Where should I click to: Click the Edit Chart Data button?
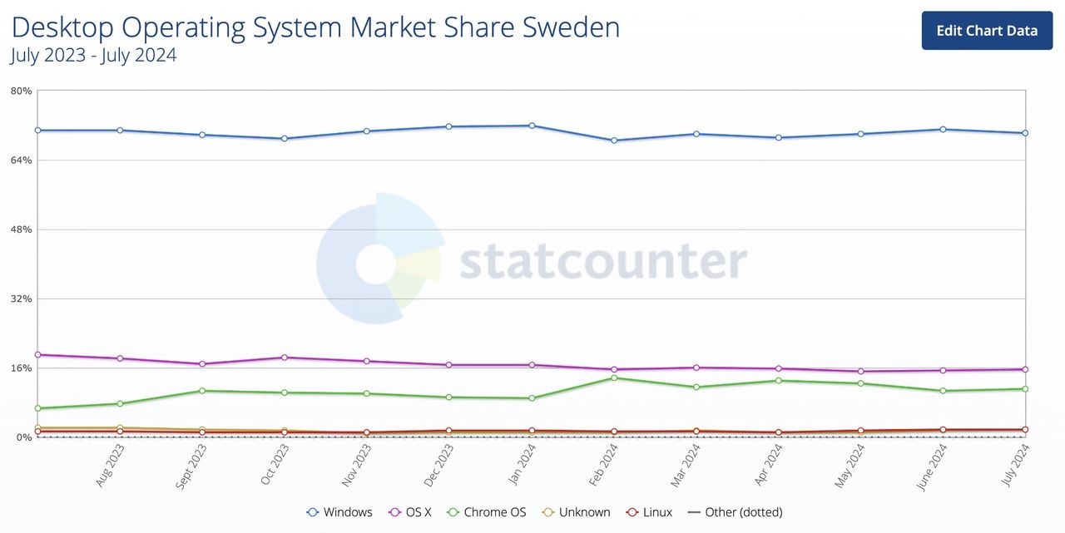coord(987,31)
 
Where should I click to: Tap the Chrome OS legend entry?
coord(487,512)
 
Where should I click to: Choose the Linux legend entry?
coord(649,512)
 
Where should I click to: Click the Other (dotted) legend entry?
coord(736,512)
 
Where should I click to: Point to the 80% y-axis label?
coord(21,91)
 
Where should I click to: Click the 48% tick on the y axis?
coord(21,229)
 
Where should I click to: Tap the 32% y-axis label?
coord(21,299)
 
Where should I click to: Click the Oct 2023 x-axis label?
coord(275,466)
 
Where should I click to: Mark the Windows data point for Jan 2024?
coord(532,126)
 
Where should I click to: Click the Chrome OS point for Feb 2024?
coord(614,378)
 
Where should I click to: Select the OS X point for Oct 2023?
coord(285,358)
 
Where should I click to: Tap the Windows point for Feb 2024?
coord(614,141)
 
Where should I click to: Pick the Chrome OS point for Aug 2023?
coord(120,403)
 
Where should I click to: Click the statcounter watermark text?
coord(603,262)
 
